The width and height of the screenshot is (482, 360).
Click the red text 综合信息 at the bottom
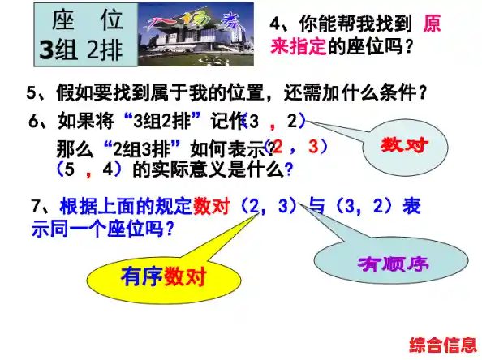[443, 343]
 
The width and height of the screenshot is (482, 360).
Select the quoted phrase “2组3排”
[144, 149]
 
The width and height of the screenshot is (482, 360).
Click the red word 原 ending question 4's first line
[433, 24]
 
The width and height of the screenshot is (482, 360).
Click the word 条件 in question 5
[395, 92]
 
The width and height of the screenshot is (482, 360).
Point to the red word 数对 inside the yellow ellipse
[185, 276]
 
